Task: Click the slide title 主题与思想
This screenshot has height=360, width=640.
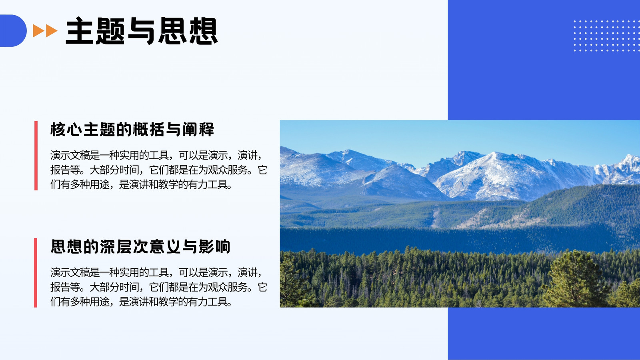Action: [x=142, y=31]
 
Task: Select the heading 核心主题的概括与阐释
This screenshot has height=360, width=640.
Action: [x=132, y=130]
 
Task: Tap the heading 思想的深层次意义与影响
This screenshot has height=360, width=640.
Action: [x=140, y=246]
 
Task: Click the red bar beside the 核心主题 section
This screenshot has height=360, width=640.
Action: [x=36, y=156]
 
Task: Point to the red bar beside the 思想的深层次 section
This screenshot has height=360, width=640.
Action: [x=36, y=272]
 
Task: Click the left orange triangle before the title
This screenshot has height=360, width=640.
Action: [x=38, y=31]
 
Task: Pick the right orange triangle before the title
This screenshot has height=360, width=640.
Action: [x=52, y=31]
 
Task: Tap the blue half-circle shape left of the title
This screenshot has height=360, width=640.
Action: [x=13, y=30]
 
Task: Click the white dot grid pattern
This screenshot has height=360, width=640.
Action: [x=606, y=36]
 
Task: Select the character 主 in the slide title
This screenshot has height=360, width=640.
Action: [x=80, y=31]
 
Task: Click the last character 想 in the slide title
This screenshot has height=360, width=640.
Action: [x=204, y=31]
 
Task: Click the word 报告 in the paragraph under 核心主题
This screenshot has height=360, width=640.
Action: [x=60, y=170]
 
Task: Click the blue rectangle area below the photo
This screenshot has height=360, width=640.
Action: [x=544, y=334]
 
